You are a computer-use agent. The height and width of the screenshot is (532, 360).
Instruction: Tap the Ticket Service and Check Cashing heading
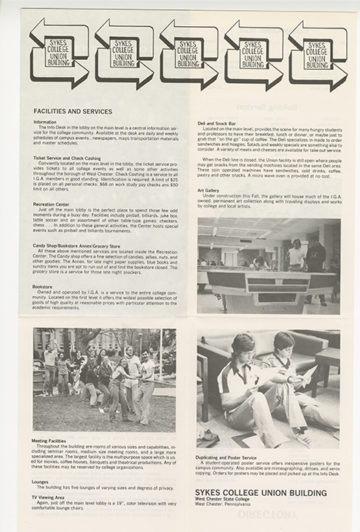click(x=69, y=158)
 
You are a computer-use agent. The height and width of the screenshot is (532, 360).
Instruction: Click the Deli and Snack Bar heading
click(x=218, y=123)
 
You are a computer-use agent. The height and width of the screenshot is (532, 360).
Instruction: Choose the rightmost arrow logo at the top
click(x=318, y=54)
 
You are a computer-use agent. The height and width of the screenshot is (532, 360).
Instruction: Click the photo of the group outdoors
click(x=104, y=379)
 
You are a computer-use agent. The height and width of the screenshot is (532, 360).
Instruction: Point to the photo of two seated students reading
click(x=268, y=390)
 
